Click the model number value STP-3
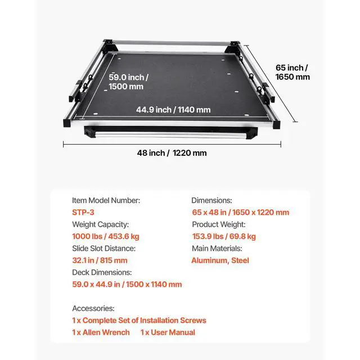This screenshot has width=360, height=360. coord(84,212)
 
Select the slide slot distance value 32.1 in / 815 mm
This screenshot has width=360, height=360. coord(100,260)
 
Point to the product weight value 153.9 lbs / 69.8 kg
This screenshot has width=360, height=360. coord(223,236)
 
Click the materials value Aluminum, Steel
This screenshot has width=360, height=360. coord(220,260)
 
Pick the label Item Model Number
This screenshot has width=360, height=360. coord(106,200)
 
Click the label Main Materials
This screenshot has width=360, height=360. coord(217,248)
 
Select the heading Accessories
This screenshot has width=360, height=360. coord(93,308)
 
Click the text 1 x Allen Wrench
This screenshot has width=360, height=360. coord(101,332)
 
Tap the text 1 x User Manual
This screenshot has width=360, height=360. coord(168,332)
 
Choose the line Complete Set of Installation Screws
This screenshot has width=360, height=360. coord(139,320)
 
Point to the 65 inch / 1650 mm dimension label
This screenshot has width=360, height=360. coord(292,72)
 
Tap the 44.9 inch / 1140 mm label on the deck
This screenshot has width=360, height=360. coord(173,110)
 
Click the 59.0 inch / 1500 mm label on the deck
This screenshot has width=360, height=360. coord(128,82)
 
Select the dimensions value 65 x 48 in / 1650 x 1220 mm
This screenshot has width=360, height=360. coord(240,212)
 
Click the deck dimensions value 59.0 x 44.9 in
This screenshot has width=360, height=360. coord(127,284)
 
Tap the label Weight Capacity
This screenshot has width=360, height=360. coord(100,224)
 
